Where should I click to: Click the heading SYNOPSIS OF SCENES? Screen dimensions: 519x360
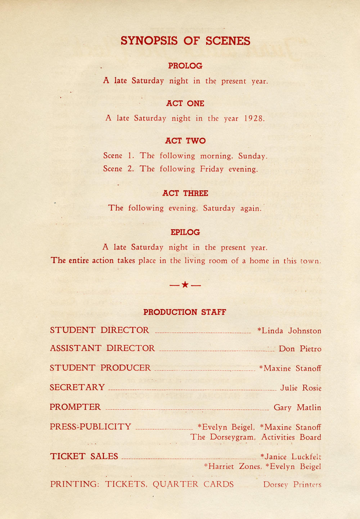tap(185, 41)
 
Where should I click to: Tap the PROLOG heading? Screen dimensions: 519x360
tap(185, 66)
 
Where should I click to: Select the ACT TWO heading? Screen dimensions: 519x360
tap(185, 141)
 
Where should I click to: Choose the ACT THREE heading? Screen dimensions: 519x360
tap(185, 193)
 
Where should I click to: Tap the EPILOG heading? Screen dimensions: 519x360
tap(185, 232)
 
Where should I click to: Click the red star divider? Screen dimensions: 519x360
tap(185, 285)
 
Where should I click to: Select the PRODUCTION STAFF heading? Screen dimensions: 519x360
tap(185, 312)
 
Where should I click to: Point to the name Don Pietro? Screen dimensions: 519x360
tap(300, 349)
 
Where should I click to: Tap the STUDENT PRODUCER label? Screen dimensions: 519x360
tap(100, 368)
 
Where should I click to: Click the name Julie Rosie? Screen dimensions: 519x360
tap(301, 388)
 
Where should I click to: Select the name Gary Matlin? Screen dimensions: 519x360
tap(297, 408)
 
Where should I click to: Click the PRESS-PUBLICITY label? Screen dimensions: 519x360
tap(90, 427)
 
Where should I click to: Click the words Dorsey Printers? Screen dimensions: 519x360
tap(292, 485)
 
